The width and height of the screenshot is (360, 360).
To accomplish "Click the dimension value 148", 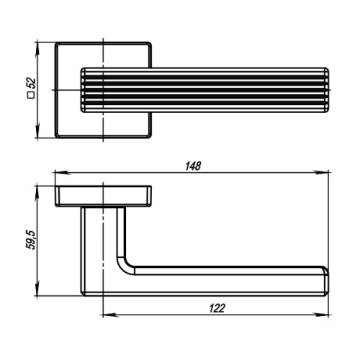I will pos(192,166).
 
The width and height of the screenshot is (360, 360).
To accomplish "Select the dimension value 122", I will pos(215,307).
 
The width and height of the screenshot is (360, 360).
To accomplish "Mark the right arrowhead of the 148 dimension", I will pos(325,173).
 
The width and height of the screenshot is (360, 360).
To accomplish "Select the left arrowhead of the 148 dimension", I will pos(60,173).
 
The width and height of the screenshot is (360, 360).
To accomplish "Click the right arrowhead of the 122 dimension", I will pos(325,315).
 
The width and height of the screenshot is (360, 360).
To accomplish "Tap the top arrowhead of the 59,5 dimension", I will pos(37,189).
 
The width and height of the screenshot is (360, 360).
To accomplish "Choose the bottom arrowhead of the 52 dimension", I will pos(37,135).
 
